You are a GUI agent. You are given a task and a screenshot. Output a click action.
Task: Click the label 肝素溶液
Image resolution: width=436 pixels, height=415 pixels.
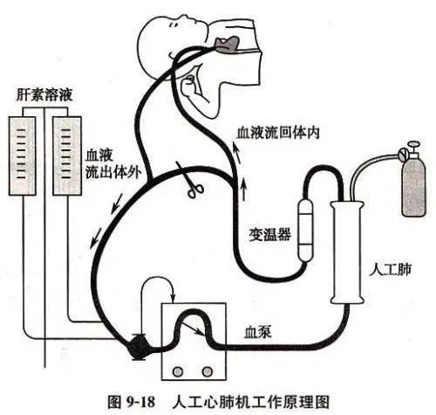[x=44, y=92]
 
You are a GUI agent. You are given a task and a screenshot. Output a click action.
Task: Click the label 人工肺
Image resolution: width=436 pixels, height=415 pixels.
[x=389, y=259]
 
